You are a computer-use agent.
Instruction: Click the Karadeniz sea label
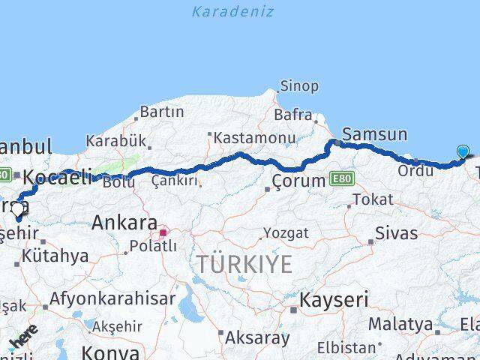[232, 11]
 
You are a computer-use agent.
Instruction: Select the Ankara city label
[124, 223]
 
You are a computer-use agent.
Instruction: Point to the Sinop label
[298, 86]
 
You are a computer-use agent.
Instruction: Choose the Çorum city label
[298, 181]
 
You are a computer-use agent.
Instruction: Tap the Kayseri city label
[334, 301]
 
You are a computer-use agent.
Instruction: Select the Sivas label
[397, 232]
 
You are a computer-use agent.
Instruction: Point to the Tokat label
[372, 199]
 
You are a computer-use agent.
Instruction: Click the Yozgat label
[286, 233]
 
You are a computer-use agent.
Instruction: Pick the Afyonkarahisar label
[112, 298]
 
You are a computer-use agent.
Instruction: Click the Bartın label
[161, 112]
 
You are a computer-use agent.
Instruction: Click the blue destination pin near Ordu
[463, 151]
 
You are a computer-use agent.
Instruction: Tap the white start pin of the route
[17, 210]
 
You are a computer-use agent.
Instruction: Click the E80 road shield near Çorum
[342, 179]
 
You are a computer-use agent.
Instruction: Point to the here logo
[25, 337]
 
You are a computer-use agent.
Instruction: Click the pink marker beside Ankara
[163, 232]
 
